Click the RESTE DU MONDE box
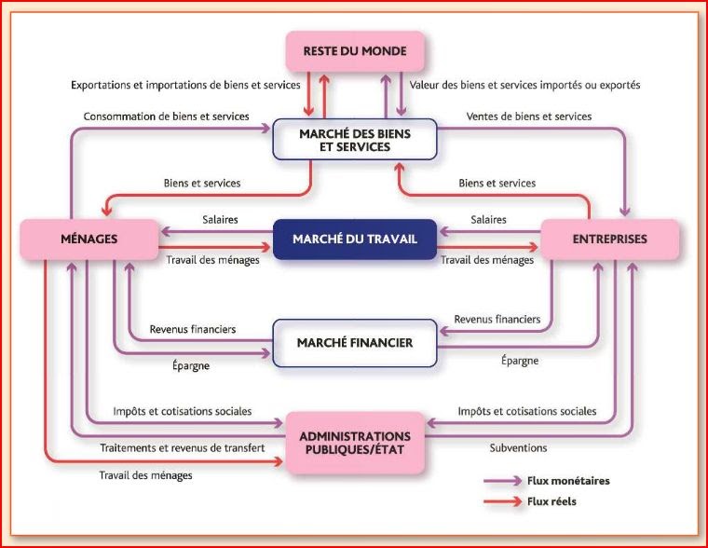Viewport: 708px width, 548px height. (x=355, y=52)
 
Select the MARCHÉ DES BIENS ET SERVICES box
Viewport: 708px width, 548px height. (x=355, y=140)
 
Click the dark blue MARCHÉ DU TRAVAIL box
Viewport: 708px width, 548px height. (x=354, y=240)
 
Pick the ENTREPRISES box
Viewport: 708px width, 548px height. (x=609, y=240)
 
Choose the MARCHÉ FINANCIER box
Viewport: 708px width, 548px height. (x=354, y=343)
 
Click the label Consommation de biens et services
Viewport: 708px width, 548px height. (x=166, y=116)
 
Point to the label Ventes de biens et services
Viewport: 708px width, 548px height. (x=529, y=116)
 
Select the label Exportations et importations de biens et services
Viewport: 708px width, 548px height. (x=185, y=85)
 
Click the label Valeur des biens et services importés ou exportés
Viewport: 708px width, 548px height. (x=525, y=85)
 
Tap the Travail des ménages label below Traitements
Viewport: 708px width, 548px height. (x=145, y=476)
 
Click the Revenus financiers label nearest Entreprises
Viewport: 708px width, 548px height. (x=497, y=319)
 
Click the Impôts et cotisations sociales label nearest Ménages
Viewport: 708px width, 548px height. (x=182, y=411)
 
